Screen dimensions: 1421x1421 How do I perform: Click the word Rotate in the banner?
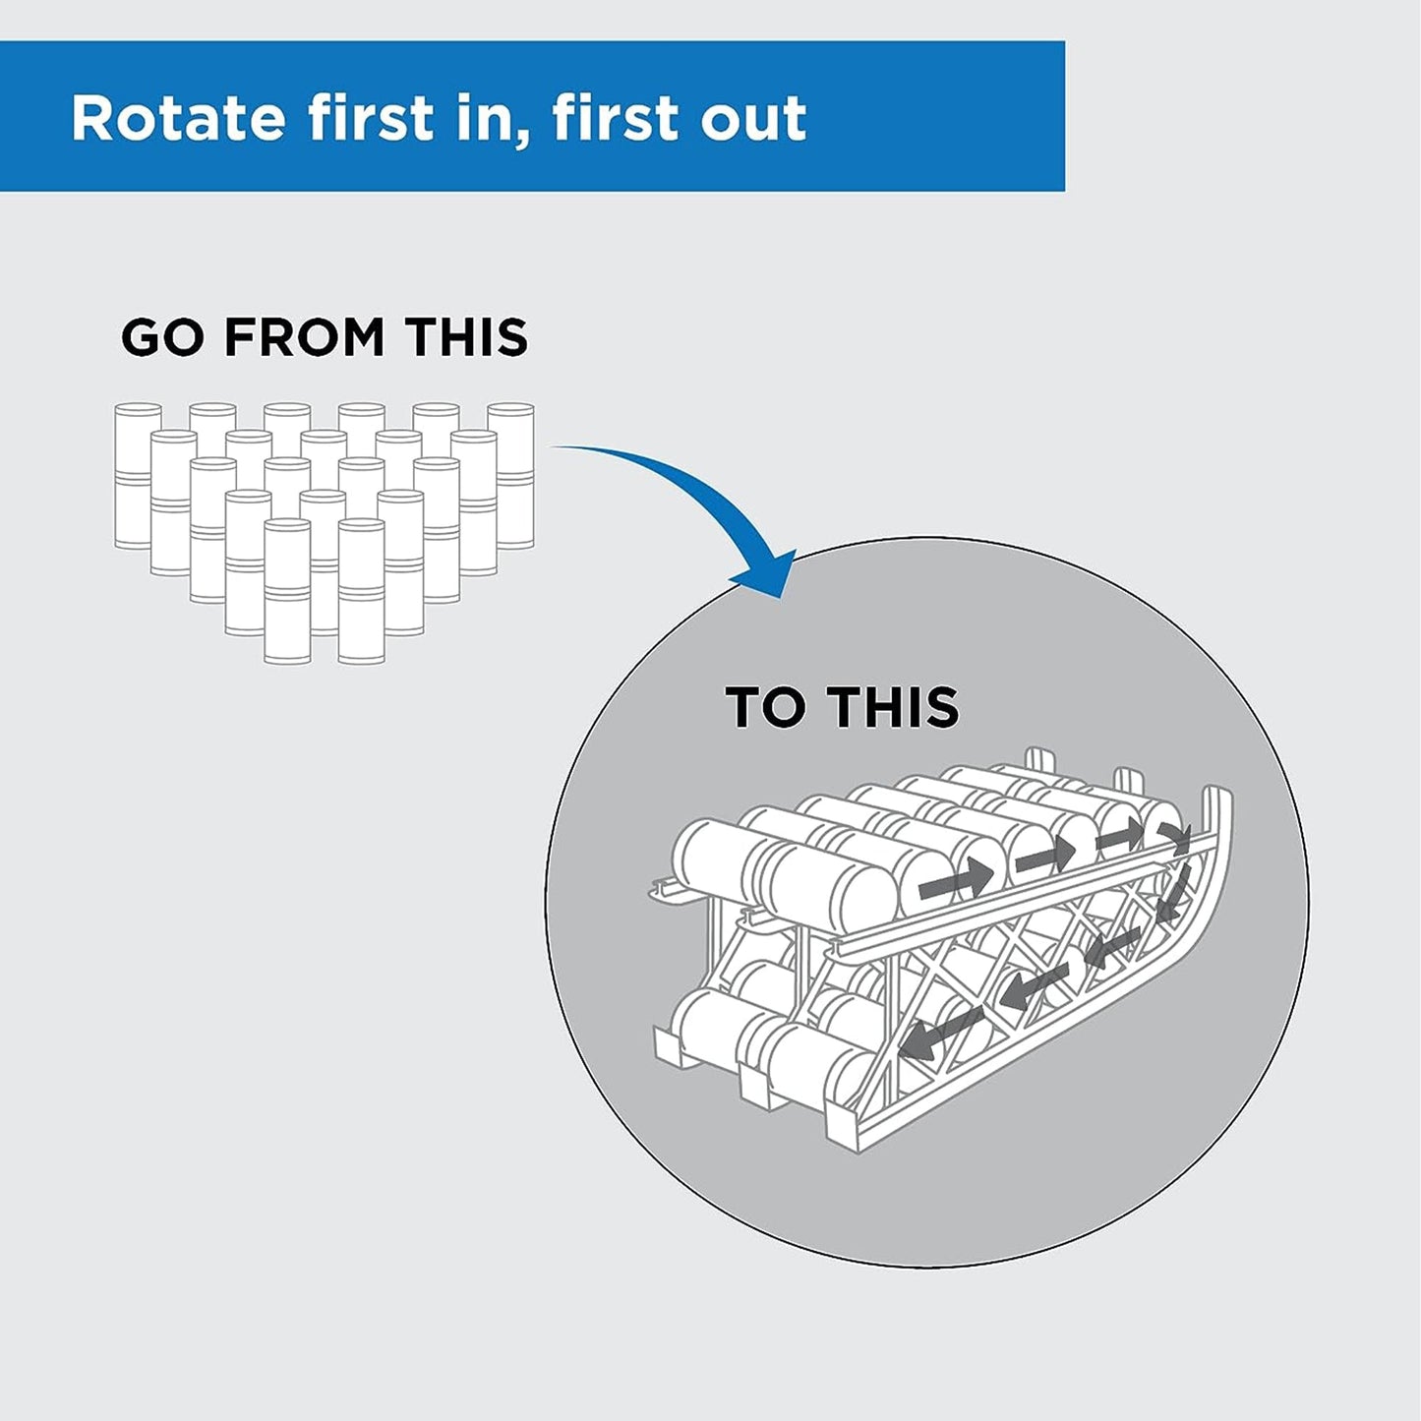[x=177, y=119]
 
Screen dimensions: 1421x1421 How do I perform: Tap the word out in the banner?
[x=753, y=119]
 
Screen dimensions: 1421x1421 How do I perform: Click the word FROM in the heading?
[x=304, y=337]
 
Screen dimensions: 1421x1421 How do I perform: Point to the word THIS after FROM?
[x=468, y=337]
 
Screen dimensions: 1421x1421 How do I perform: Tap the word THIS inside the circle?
[x=893, y=707]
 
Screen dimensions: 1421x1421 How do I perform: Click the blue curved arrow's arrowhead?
[x=767, y=574]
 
